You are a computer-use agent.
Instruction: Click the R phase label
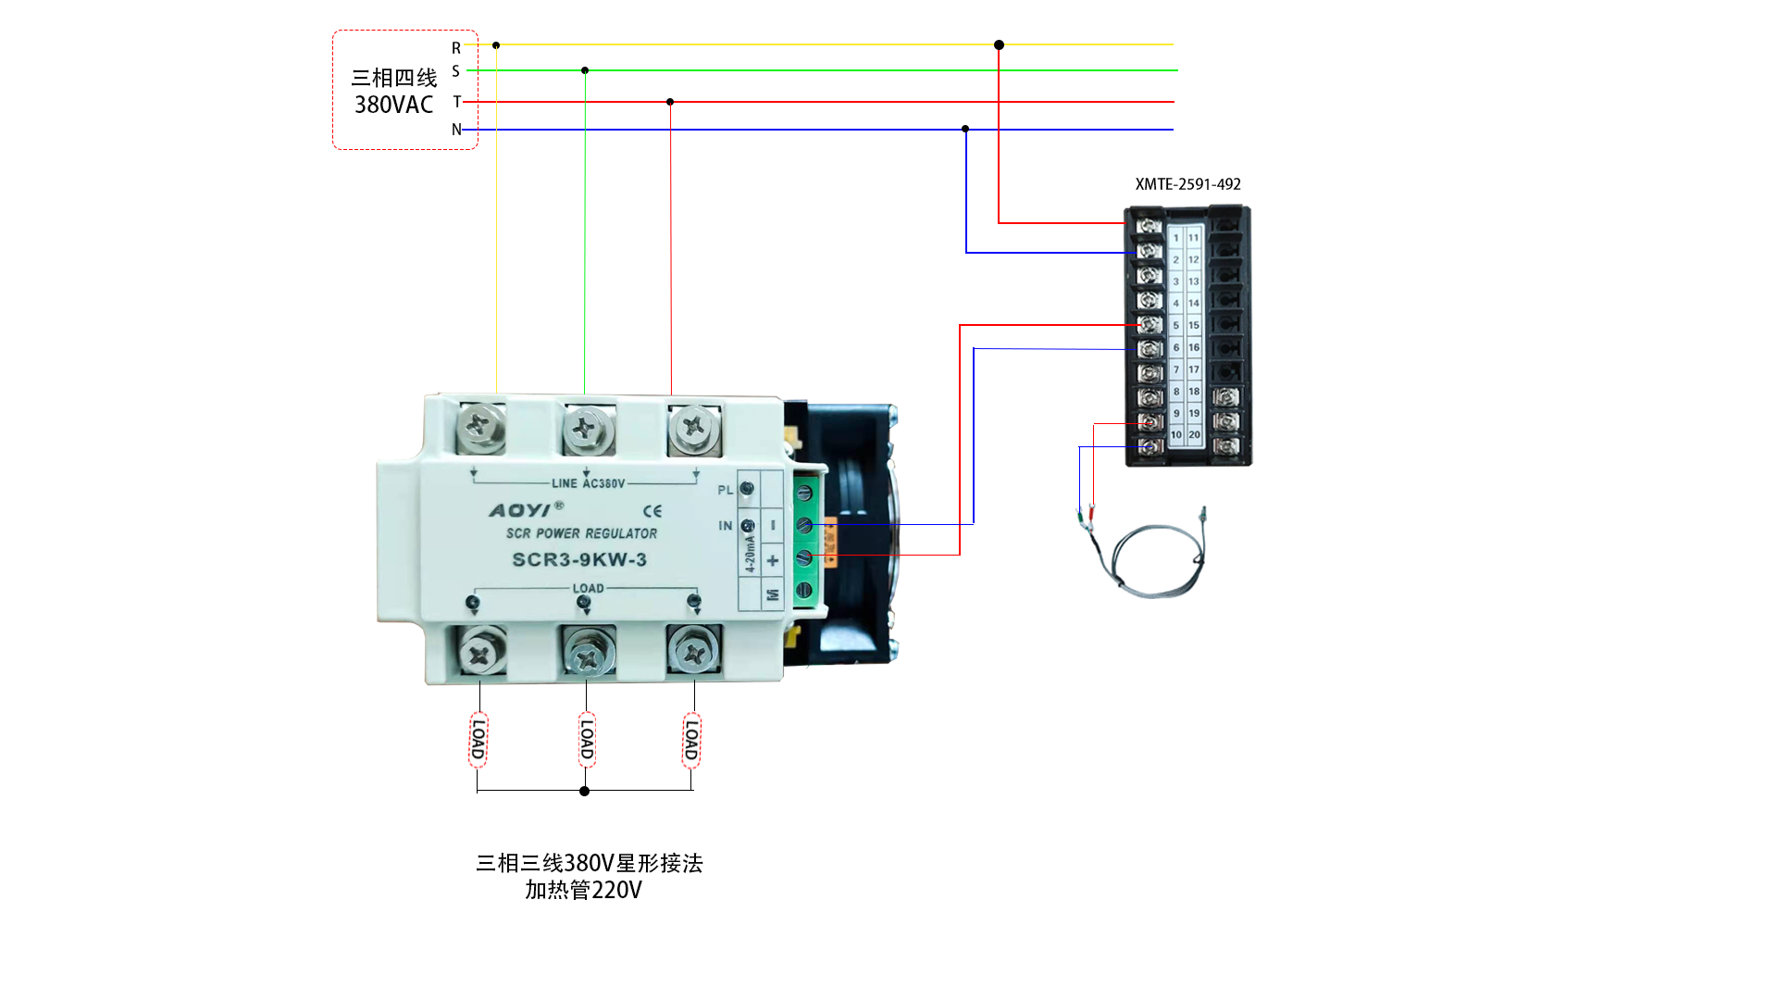[456, 48]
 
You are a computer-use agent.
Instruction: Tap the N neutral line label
[456, 130]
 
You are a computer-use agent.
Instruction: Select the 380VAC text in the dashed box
[394, 105]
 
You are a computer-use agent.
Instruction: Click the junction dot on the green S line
[585, 70]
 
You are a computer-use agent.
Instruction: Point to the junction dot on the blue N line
[965, 129]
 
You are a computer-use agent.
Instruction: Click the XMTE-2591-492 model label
[1187, 184]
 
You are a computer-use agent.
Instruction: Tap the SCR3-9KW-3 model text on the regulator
[579, 559]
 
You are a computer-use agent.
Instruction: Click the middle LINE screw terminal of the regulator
[585, 428]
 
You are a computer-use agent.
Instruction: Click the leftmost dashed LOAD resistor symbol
[478, 739]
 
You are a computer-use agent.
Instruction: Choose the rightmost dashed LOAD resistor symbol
[691, 740]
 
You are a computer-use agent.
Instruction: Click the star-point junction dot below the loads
[584, 791]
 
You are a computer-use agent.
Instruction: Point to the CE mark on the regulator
[652, 511]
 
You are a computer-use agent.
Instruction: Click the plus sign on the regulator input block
[773, 560]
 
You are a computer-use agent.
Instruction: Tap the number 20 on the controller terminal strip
[1194, 434]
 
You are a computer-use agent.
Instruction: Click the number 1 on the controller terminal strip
[1176, 238]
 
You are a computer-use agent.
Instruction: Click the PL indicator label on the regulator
[726, 491]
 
